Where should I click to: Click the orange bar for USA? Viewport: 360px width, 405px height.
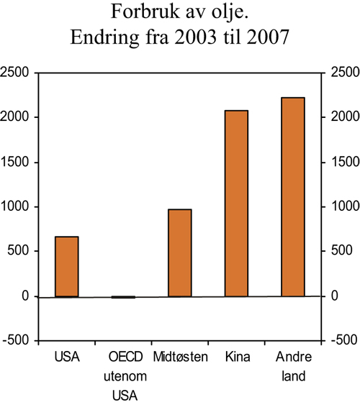[x=66, y=266]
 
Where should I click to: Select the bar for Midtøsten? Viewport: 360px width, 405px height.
[x=179, y=252]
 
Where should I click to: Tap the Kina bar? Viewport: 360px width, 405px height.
[x=236, y=203]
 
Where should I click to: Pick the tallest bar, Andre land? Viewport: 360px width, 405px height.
[x=292, y=196]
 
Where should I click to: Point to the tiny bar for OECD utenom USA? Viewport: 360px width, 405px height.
[x=123, y=297]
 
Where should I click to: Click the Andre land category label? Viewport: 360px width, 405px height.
[x=293, y=366]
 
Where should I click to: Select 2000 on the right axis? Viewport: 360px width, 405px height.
[x=343, y=117]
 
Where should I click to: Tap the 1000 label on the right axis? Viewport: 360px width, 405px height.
[x=343, y=206]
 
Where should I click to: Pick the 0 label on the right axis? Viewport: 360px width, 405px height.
[x=334, y=296]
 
